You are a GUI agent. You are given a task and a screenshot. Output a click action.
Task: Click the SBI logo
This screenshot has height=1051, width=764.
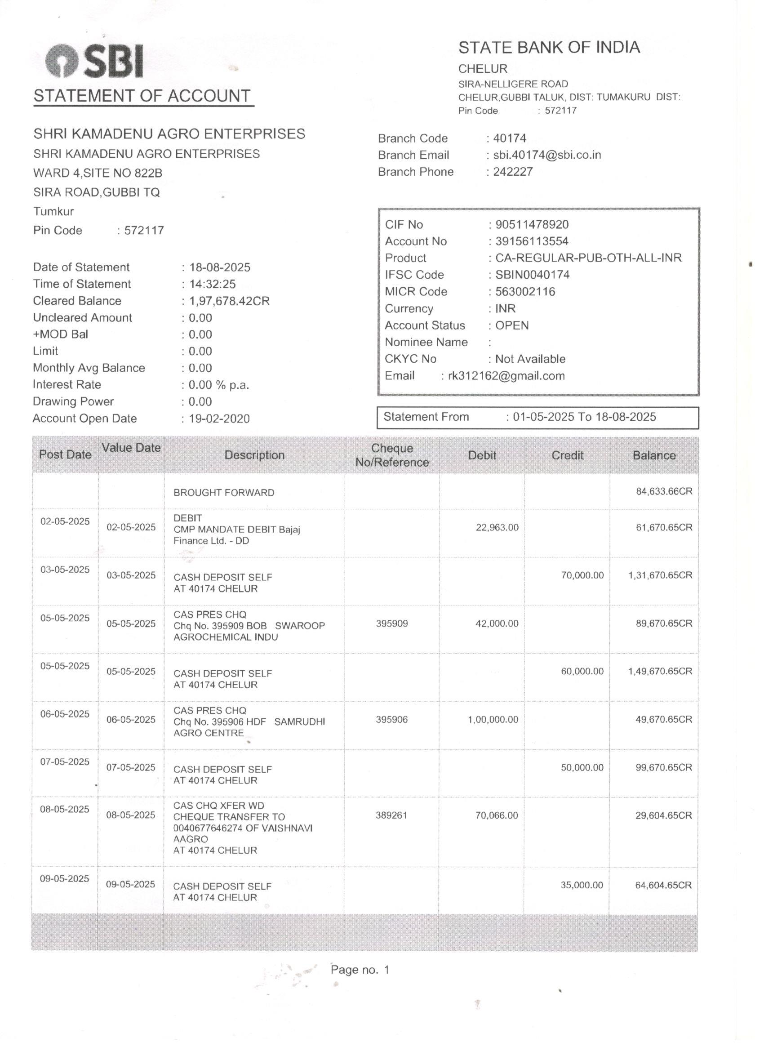coord(94,61)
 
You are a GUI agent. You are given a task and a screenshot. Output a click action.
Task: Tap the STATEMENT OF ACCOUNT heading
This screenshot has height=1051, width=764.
coord(142,96)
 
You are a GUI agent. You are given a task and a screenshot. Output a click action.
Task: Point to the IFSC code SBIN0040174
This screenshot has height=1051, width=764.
coord(533,274)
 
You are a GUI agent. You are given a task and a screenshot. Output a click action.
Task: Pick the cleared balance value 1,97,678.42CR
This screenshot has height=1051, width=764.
coord(229,301)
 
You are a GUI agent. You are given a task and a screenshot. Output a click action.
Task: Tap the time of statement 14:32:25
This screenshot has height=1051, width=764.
coord(212,284)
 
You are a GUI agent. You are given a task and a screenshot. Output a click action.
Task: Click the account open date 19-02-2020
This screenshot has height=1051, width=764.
coord(219,419)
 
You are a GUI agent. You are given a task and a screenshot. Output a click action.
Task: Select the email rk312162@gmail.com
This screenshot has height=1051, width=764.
coord(506,375)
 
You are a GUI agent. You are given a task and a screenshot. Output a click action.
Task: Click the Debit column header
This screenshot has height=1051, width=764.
coord(482,455)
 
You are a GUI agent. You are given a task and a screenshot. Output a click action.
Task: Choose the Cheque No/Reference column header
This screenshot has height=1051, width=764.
coord(392,455)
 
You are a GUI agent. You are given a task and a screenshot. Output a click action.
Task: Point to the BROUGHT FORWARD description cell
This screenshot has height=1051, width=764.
coord(224,493)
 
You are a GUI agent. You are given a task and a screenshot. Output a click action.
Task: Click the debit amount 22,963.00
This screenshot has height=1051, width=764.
coord(497,527)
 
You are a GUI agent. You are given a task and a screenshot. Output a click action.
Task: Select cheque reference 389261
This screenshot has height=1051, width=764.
coord(391,815)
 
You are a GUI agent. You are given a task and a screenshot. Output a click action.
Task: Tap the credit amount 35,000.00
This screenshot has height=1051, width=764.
coord(582,885)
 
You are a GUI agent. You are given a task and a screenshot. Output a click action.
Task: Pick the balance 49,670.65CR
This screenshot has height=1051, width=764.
coord(663,719)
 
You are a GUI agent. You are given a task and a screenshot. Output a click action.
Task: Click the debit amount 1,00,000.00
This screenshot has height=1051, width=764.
coord(493,719)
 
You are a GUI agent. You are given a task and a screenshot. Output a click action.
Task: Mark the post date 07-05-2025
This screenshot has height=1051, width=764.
coord(65,762)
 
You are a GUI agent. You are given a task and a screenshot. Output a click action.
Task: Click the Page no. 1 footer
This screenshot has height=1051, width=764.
coord(360,970)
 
